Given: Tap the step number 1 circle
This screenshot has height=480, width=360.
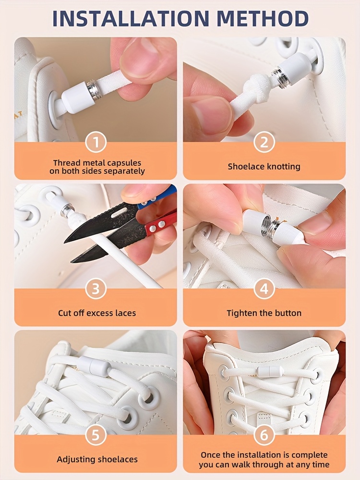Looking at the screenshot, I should tap(96, 143).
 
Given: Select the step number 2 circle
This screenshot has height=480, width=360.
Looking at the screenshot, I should tap(264, 143).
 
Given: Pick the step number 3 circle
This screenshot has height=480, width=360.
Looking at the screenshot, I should tap(96, 289).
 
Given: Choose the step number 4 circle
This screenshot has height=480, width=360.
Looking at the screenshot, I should tap(264, 289).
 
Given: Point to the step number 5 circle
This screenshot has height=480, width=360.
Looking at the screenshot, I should tap(96, 435).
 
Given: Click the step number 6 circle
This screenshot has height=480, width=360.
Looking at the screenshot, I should tap(264, 435).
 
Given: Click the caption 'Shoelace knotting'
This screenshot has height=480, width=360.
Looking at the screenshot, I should tap(264, 167).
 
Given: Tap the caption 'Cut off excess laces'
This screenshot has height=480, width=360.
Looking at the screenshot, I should tap(97, 313).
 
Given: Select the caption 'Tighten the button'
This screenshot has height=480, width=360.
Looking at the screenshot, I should tap(264, 313).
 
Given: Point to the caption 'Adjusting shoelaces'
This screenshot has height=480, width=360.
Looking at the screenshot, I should tap(97, 459).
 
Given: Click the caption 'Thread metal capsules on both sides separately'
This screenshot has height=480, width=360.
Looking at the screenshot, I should tap(97, 167).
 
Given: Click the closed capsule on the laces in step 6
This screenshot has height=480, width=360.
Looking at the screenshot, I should tap(269, 371).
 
